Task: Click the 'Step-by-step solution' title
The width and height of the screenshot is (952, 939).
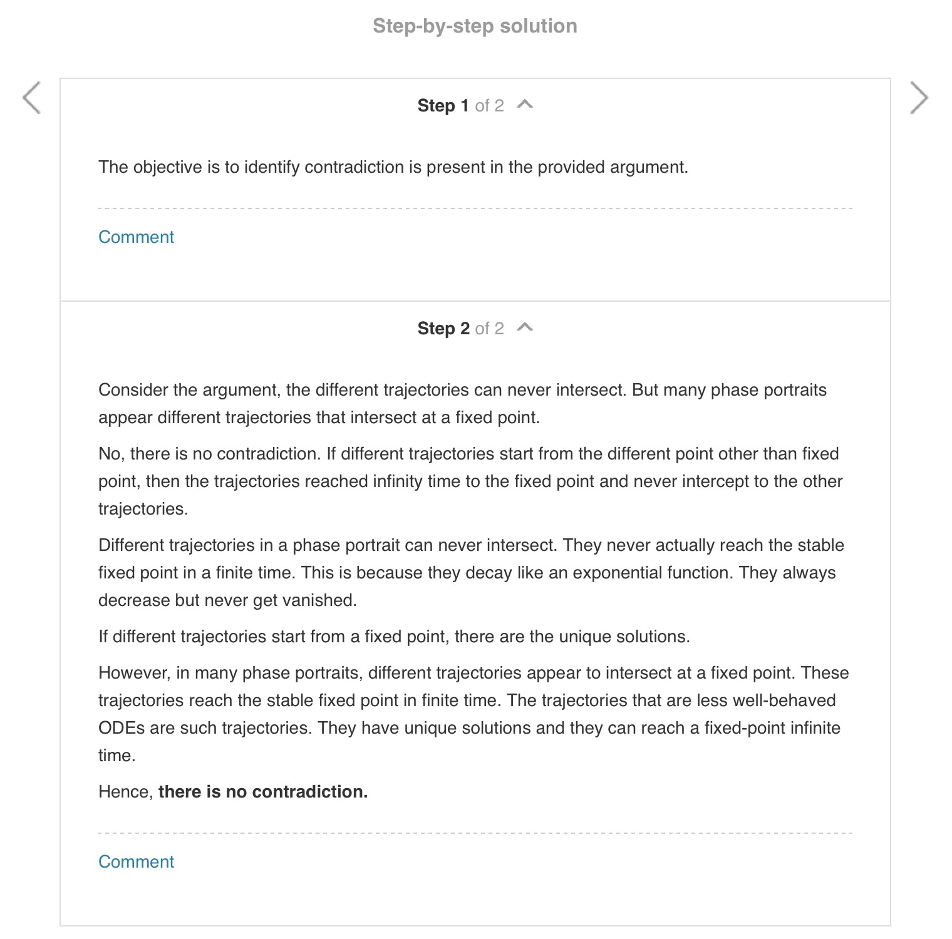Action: click(475, 26)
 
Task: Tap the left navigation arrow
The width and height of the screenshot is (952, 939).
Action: click(31, 98)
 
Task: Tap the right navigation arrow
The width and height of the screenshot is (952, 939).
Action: click(918, 98)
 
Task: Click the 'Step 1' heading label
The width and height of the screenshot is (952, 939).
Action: click(443, 106)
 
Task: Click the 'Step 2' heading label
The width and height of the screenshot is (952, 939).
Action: click(443, 329)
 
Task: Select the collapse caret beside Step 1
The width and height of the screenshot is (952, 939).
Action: click(525, 105)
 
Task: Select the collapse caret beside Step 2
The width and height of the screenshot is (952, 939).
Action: click(525, 327)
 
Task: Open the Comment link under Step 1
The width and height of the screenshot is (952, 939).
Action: click(136, 237)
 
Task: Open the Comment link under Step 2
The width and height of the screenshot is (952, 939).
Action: click(136, 862)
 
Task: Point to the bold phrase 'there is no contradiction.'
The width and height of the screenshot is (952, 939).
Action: click(263, 792)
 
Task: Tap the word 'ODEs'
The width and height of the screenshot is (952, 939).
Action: click(122, 728)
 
